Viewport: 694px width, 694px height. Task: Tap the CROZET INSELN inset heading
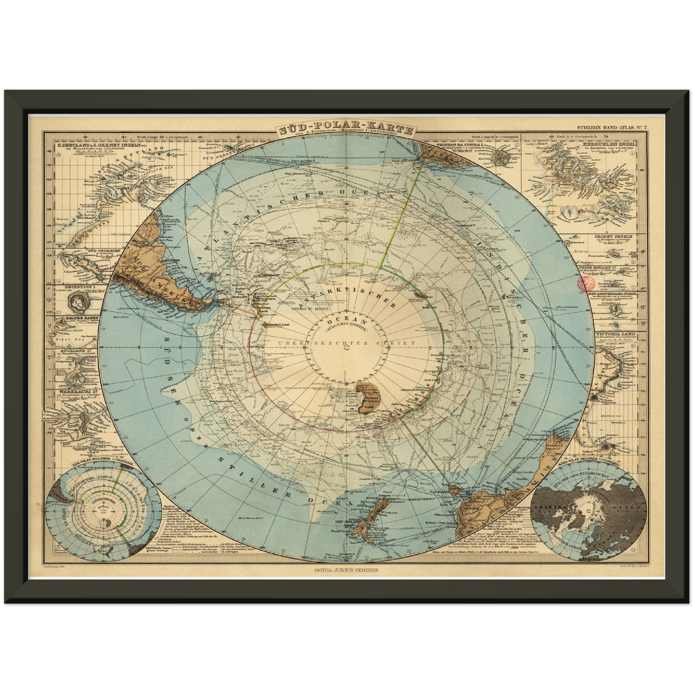(620, 237)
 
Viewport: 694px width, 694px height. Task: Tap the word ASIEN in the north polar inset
(633, 507)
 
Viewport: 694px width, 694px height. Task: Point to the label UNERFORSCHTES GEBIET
(346, 343)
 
